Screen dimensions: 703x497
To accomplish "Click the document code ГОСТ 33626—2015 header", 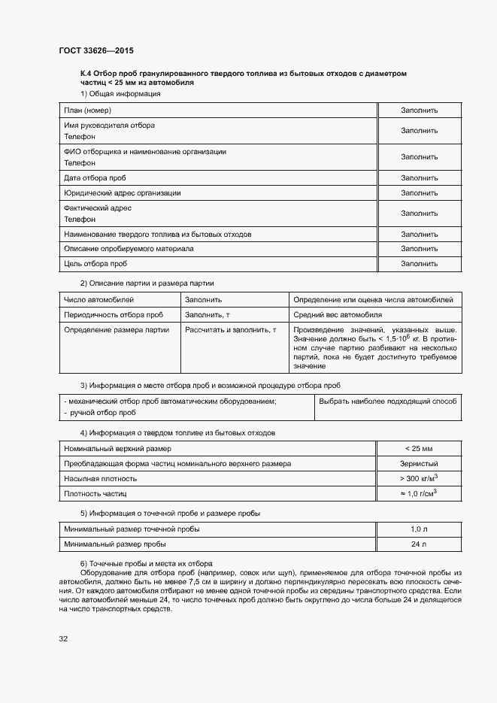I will (96, 50).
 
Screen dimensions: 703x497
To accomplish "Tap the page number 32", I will (63, 638).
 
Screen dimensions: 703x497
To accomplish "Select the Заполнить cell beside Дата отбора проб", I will (419, 178).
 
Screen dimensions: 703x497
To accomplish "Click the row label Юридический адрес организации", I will (122, 192).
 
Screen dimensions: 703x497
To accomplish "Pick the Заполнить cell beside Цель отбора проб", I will (419, 264).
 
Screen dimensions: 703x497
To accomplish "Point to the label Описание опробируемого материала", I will (129, 249).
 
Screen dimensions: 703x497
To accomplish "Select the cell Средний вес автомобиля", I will (338, 314).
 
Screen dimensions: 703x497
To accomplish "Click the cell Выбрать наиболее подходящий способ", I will (388, 401).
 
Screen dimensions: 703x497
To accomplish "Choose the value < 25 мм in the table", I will (419, 449).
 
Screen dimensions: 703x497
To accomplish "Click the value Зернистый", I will (419, 464).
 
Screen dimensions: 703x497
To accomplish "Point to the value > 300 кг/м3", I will (419, 478).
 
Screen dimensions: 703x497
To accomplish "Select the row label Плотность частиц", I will (95, 494).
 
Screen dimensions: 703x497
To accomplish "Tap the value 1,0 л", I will (419, 529).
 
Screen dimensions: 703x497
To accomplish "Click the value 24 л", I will (419, 544).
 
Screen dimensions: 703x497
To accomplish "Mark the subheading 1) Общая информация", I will (120, 94).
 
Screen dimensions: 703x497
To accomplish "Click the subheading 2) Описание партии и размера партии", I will (147, 283).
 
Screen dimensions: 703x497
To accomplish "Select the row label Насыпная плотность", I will (100, 479).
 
